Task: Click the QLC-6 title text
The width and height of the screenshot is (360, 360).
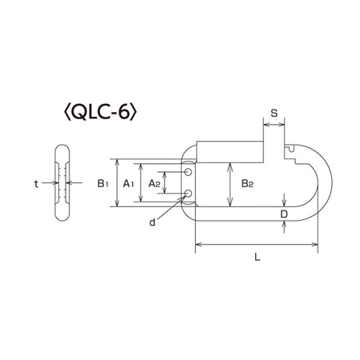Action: coord(101,113)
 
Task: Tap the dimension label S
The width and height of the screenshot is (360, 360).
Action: coord(274,113)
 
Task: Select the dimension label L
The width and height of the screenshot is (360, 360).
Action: coord(257,257)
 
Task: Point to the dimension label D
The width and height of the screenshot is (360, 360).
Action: coord(284,214)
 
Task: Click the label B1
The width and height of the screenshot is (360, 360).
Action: coord(102,183)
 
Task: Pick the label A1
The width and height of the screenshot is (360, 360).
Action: coord(128,183)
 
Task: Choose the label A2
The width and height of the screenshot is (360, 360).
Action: coord(154,183)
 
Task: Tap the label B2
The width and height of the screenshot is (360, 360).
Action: coord(247,183)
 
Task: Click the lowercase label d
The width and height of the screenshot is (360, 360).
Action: coord(152,222)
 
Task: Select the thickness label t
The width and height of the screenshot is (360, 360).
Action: coord(36,184)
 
